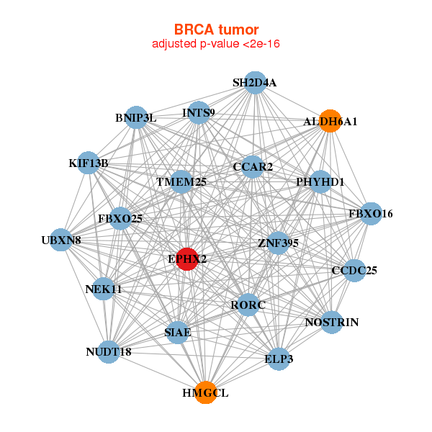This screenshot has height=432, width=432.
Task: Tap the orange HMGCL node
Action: (x=206, y=392)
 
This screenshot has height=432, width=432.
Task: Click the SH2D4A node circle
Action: (x=254, y=83)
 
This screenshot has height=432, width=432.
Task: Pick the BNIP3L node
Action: (x=137, y=117)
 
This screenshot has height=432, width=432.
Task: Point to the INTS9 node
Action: (x=199, y=113)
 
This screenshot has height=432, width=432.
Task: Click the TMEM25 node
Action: (x=182, y=182)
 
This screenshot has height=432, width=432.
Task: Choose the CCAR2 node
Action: (x=252, y=167)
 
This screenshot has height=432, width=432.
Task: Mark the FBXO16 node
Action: (x=370, y=214)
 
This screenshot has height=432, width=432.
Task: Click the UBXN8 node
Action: (x=61, y=240)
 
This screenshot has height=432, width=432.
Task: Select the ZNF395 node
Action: (x=277, y=243)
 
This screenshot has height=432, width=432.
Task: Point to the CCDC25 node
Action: (x=354, y=271)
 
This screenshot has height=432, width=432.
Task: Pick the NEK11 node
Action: (x=104, y=289)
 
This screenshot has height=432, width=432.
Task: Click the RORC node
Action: (x=248, y=305)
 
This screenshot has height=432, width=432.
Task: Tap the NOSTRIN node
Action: (x=331, y=322)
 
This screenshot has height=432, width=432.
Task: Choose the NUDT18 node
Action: (x=108, y=352)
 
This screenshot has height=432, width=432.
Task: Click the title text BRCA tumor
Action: (x=216, y=30)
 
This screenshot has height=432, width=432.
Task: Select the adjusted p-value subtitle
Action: (x=216, y=44)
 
